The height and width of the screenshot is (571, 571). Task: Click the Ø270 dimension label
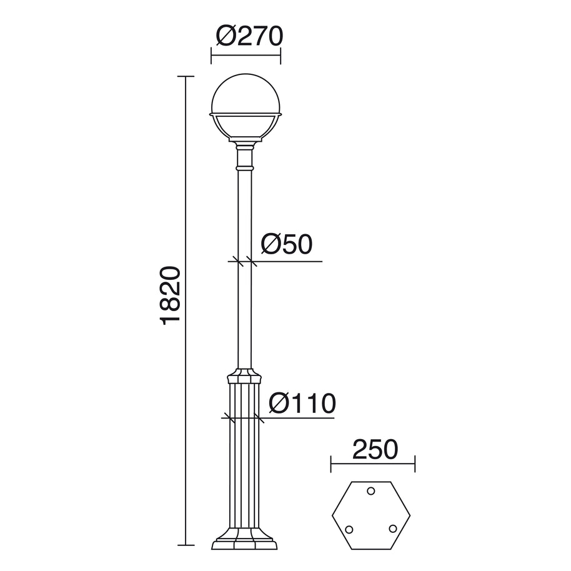pos(249,36)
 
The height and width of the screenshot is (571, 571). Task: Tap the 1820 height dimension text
pos(171,295)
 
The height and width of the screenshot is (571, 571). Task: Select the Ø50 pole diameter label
pos(287,244)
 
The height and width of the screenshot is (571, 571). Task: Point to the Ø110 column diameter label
pos(302,403)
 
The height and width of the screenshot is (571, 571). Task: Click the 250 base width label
pos(375,449)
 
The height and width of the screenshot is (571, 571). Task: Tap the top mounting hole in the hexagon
pos(370,491)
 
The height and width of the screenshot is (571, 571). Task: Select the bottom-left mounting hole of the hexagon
pos(349,529)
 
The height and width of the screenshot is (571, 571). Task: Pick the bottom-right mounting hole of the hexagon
pos(392,529)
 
